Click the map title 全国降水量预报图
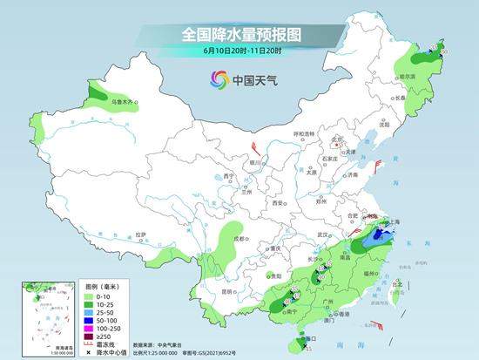pyautogui.click(x=239, y=35)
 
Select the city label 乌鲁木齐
pyautogui.click(x=122, y=103)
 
